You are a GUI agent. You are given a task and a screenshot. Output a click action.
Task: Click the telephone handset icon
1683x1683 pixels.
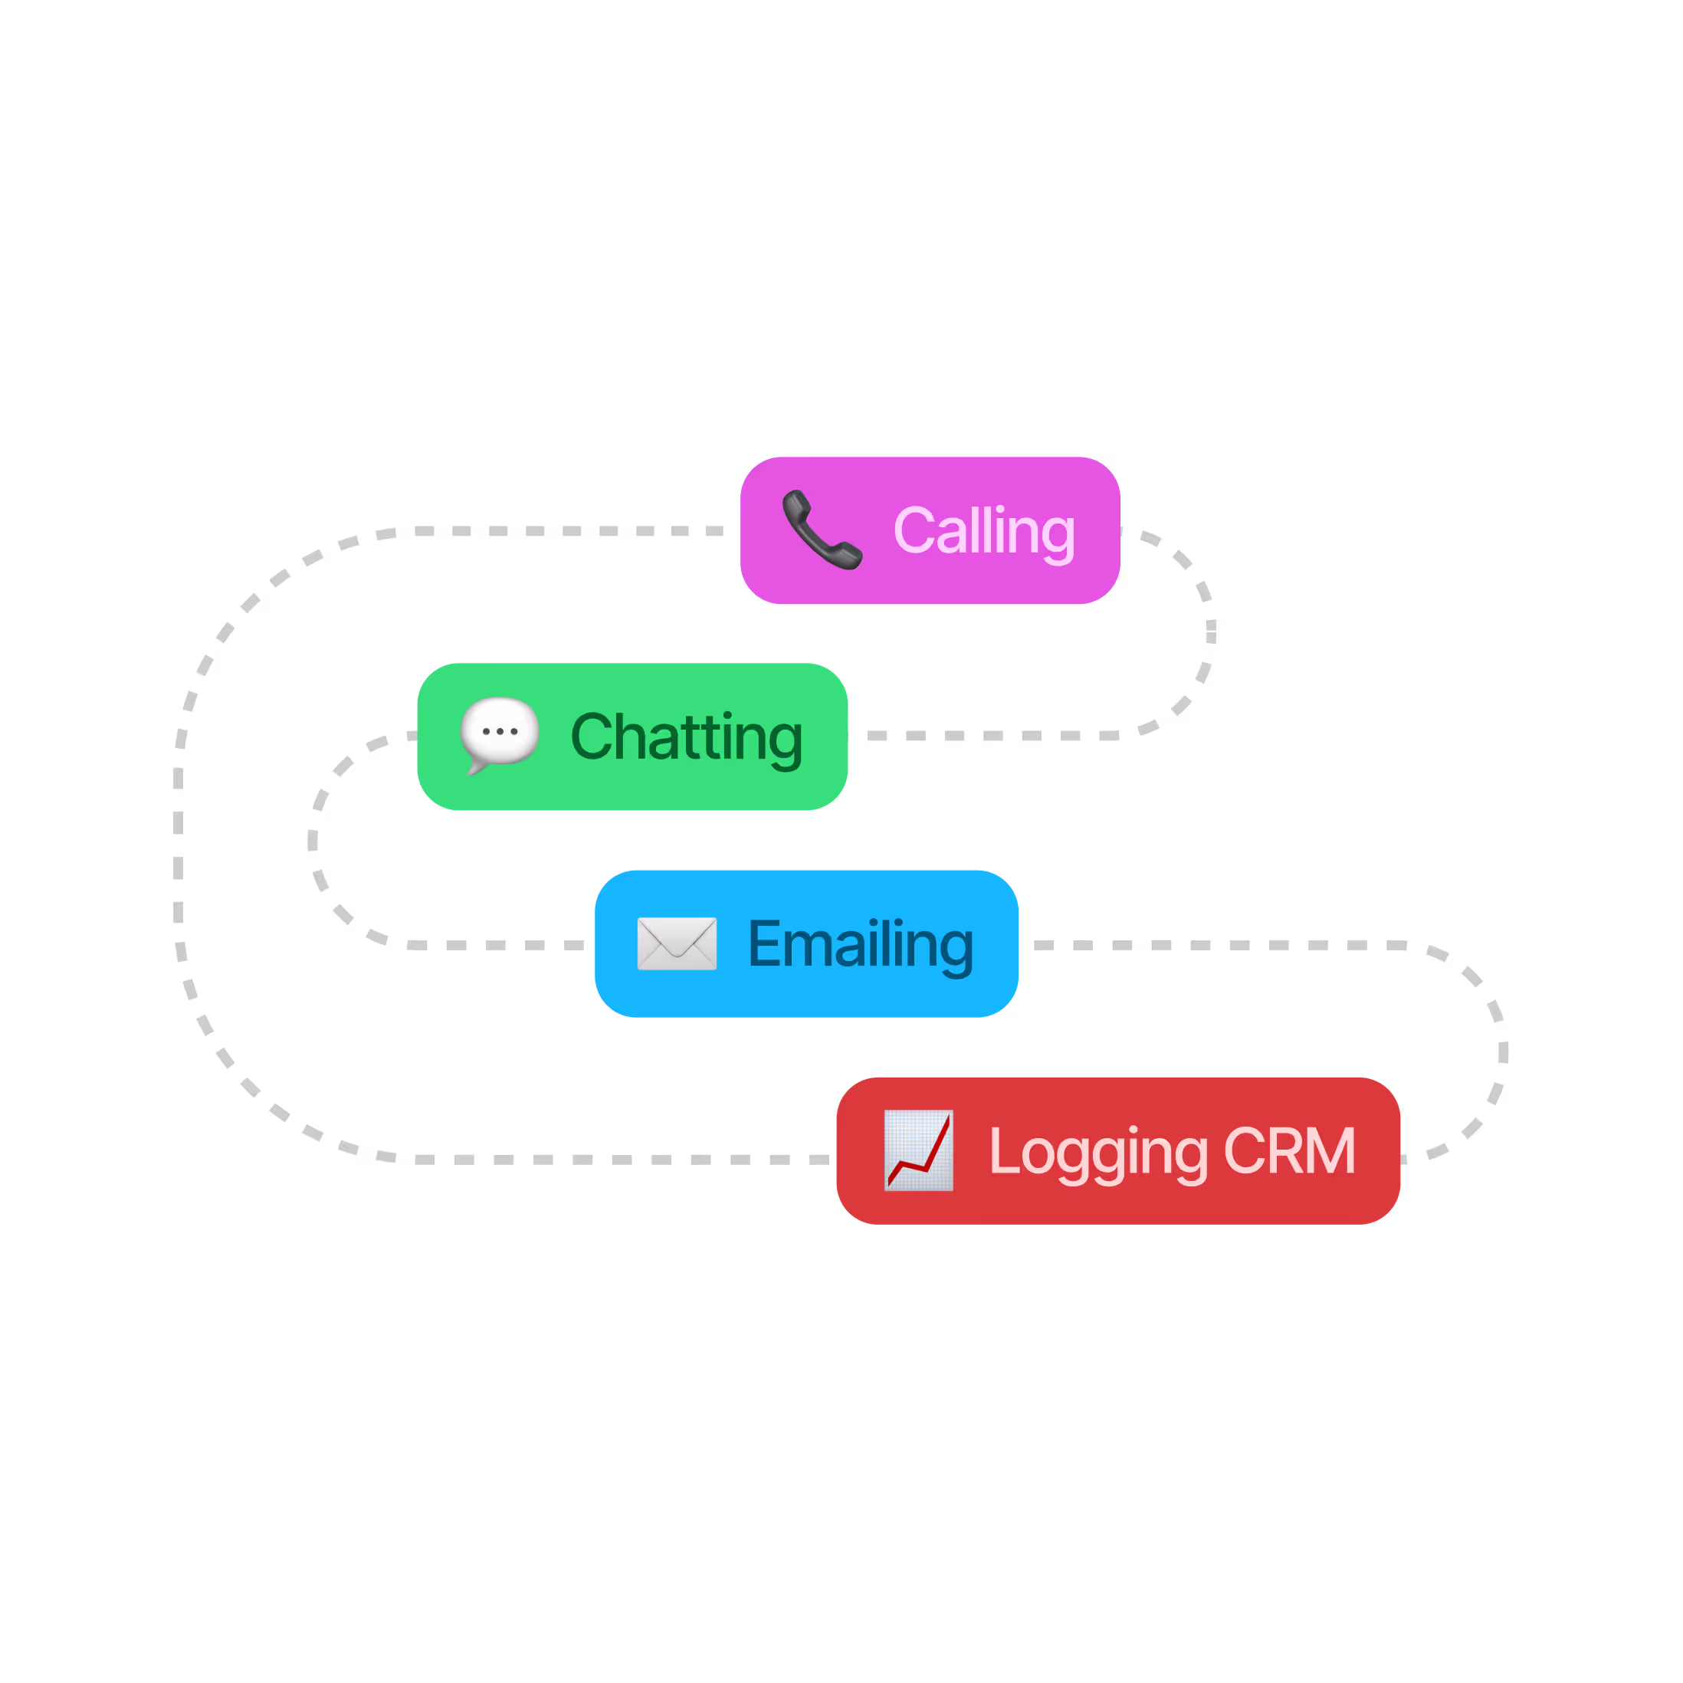pos(822,530)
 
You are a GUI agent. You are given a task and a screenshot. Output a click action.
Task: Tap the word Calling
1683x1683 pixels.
pos(983,530)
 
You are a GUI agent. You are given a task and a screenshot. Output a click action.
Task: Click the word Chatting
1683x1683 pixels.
pos(687,737)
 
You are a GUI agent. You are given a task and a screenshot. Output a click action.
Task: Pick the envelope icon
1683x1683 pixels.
pos(677,943)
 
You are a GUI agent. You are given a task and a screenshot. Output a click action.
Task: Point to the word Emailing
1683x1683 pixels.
pos(860,944)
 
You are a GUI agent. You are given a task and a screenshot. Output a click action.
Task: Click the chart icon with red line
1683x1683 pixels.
pos(918,1150)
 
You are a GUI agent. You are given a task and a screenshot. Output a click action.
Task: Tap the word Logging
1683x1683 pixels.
pos(1097,1152)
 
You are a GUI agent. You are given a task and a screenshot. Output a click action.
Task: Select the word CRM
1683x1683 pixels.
pos(1289,1151)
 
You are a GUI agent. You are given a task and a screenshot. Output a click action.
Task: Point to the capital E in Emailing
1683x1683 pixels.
pos(765,943)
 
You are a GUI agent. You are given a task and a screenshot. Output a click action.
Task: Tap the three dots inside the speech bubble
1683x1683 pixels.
pos(500,732)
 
